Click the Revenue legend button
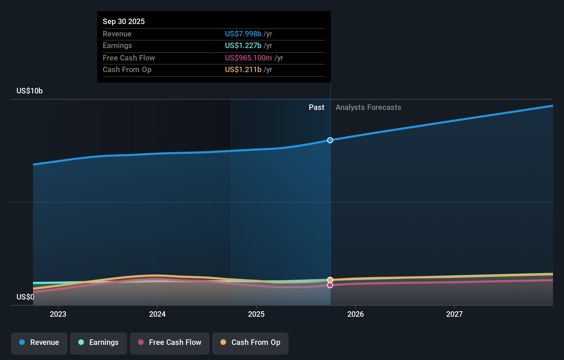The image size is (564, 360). coord(39,343)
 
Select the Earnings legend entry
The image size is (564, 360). coord(99,343)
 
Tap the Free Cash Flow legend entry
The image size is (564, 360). coord(170,343)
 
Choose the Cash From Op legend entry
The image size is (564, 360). coord(250,343)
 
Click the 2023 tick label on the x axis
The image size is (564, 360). coord(58,314)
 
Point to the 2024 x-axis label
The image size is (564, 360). coord(157,314)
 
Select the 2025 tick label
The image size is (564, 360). coord(256,314)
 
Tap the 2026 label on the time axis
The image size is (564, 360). coord(356,314)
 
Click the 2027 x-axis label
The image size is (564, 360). coord(454,314)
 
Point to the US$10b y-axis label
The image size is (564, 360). coord(30,91)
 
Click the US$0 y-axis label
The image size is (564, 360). coord(25,297)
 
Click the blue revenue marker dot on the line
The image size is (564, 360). coord(330,140)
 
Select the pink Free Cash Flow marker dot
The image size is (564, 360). coord(330,285)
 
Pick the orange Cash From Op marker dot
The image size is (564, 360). coord(330,280)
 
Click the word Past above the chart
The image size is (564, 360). coord(316,108)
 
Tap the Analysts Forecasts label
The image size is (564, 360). coord(368,108)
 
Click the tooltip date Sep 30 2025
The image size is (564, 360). coord(124,22)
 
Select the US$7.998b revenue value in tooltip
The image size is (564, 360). coord(243,34)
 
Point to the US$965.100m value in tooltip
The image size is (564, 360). coord(248,58)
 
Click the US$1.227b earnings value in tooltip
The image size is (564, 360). coord(243,46)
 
